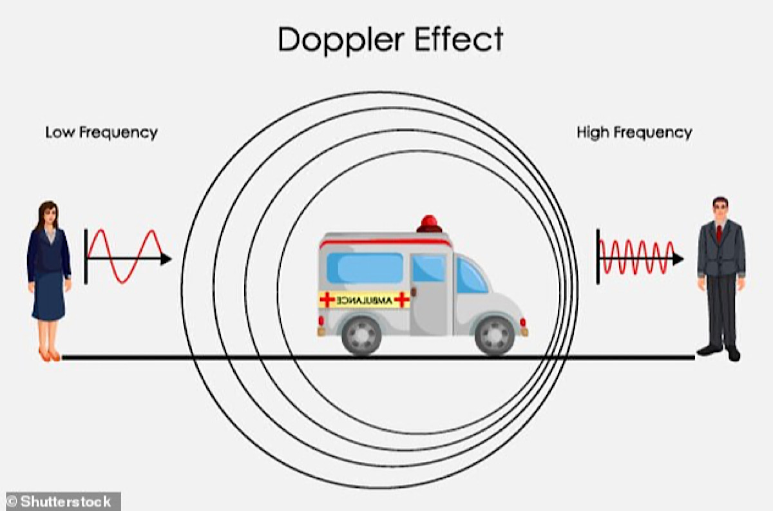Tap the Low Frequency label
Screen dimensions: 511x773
101,133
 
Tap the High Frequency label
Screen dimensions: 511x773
634,133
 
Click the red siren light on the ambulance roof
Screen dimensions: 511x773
429,224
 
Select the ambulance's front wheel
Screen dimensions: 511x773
494,336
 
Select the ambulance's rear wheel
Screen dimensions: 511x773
361,336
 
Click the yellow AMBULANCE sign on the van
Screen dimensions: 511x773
365,300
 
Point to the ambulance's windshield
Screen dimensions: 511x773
472,276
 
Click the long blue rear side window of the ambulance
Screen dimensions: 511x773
365,267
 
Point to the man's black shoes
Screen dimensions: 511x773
719,352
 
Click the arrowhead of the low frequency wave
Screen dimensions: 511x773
166,259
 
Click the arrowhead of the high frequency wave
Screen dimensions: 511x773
678,259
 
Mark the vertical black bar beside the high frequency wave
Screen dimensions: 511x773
598,256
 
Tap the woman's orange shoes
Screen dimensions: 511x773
49,354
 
